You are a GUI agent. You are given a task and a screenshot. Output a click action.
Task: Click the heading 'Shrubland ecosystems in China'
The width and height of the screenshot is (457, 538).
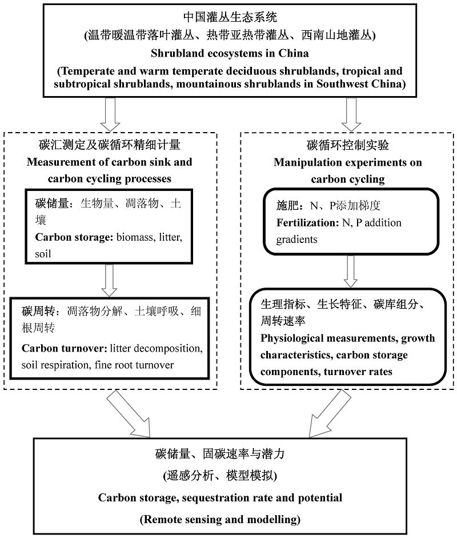pyautogui.click(x=230, y=53)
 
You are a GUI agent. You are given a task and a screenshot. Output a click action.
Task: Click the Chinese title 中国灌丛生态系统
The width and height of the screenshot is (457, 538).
pyautogui.click(x=230, y=17)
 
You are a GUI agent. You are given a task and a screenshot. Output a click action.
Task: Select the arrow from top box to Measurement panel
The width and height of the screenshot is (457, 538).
pyautogui.click(x=110, y=114)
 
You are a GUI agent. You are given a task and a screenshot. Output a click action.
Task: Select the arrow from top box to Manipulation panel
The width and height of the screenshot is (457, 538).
pyautogui.click(x=351, y=114)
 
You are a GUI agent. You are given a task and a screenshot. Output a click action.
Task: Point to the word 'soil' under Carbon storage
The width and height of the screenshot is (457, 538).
pyautogui.click(x=43, y=254)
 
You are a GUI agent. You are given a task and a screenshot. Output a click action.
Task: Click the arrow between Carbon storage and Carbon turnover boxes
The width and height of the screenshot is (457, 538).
pyautogui.click(x=109, y=281)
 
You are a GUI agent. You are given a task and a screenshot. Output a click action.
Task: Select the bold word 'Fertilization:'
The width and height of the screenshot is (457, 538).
pyautogui.click(x=308, y=222)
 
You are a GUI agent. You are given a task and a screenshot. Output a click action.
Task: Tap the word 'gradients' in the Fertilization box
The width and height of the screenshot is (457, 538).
pyautogui.click(x=297, y=240)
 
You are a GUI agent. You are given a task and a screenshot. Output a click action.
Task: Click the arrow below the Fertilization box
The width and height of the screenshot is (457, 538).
pyautogui.click(x=350, y=272)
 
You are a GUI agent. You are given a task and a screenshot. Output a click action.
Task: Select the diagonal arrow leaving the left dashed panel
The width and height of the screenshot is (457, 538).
pyautogui.click(x=129, y=415)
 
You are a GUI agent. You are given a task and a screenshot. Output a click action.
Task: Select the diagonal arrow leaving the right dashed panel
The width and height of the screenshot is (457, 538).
pyautogui.click(x=330, y=414)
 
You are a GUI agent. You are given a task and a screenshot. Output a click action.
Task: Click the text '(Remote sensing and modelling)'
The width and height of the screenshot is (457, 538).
pyautogui.click(x=220, y=520)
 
